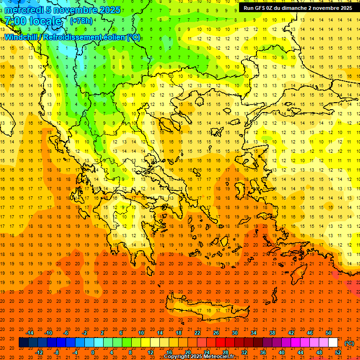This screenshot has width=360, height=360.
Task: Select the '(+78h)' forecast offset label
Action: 81,21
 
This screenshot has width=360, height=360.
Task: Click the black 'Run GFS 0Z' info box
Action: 298,8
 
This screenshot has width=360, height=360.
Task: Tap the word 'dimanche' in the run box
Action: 294,8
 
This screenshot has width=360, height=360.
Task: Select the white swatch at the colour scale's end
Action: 333,343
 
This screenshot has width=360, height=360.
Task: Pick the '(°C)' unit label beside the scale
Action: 349,343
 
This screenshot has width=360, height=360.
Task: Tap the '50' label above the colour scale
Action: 328,333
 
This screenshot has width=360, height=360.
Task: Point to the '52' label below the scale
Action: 337,352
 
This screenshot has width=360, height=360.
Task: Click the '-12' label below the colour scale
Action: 39,352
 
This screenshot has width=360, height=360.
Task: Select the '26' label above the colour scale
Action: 216,333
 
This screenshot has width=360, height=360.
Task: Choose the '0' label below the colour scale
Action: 93,352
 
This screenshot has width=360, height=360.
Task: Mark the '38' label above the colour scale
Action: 272,333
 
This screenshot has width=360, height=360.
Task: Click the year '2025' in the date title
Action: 109,10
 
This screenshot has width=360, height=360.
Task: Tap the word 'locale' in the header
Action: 45,21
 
